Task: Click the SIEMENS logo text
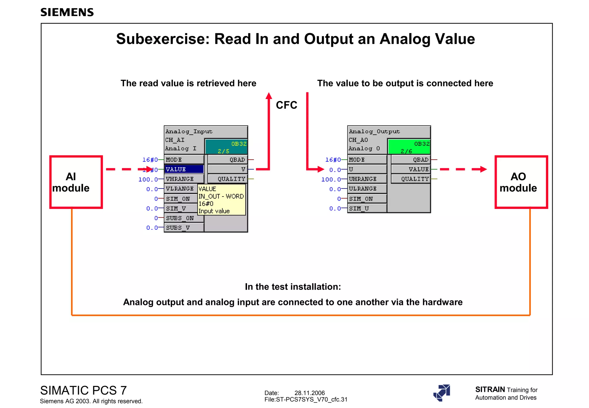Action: (67, 12)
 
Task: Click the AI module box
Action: (76, 182)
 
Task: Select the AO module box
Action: (521, 182)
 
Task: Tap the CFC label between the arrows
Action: (286, 105)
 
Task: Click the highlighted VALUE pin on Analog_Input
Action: (184, 169)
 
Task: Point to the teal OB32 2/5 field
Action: (226, 147)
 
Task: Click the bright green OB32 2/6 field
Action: (409, 147)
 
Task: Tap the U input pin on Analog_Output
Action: (367, 169)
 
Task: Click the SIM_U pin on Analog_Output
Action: (367, 208)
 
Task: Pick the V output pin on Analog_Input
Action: (227, 169)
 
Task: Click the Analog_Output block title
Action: (374, 131)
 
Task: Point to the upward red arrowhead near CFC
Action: (269, 96)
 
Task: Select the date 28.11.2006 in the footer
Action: (309, 393)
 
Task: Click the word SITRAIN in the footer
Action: (490, 390)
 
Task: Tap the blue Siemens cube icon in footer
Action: (442, 393)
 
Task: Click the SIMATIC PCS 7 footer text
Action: (83, 390)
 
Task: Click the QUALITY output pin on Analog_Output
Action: (411, 179)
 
